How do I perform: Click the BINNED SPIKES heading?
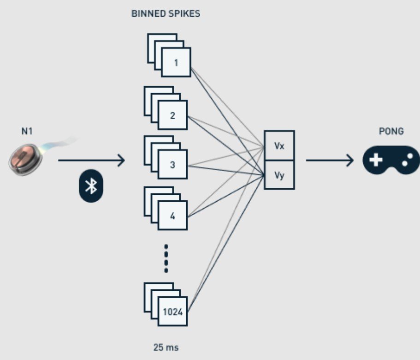click(x=166, y=14)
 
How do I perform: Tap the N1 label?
click(x=27, y=131)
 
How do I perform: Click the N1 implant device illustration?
click(x=26, y=159)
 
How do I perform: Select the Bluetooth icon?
click(x=91, y=186)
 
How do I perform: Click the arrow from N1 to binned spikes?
click(x=91, y=160)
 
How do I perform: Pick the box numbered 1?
click(x=176, y=62)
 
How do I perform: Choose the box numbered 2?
click(x=173, y=115)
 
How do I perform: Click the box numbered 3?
click(x=173, y=164)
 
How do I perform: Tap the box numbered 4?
click(x=173, y=216)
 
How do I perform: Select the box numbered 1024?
click(x=173, y=312)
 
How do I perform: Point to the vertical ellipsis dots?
click(x=166, y=258)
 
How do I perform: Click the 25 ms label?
click(x=166, y=348)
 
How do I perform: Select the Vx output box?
click(x=279, y=145)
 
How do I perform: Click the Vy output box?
click(x=279, y=175)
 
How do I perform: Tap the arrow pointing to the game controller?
click(x=330, y=160)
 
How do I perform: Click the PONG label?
click(x=391, y=131)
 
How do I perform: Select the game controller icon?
click(x=391, y=160)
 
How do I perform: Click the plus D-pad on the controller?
click(x=376, y=160)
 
